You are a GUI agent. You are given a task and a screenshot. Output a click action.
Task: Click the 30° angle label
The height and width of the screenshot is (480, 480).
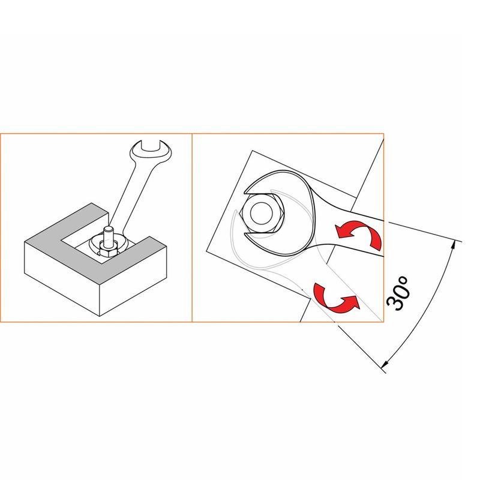398,293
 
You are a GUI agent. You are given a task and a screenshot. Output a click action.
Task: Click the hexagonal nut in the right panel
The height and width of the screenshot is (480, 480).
263,213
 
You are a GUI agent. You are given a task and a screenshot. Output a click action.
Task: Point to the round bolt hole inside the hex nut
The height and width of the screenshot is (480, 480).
262,214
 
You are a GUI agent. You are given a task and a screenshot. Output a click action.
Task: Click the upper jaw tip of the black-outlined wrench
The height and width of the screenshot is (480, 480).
247,192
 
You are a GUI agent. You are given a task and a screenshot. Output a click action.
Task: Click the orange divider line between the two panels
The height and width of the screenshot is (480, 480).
192,227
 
